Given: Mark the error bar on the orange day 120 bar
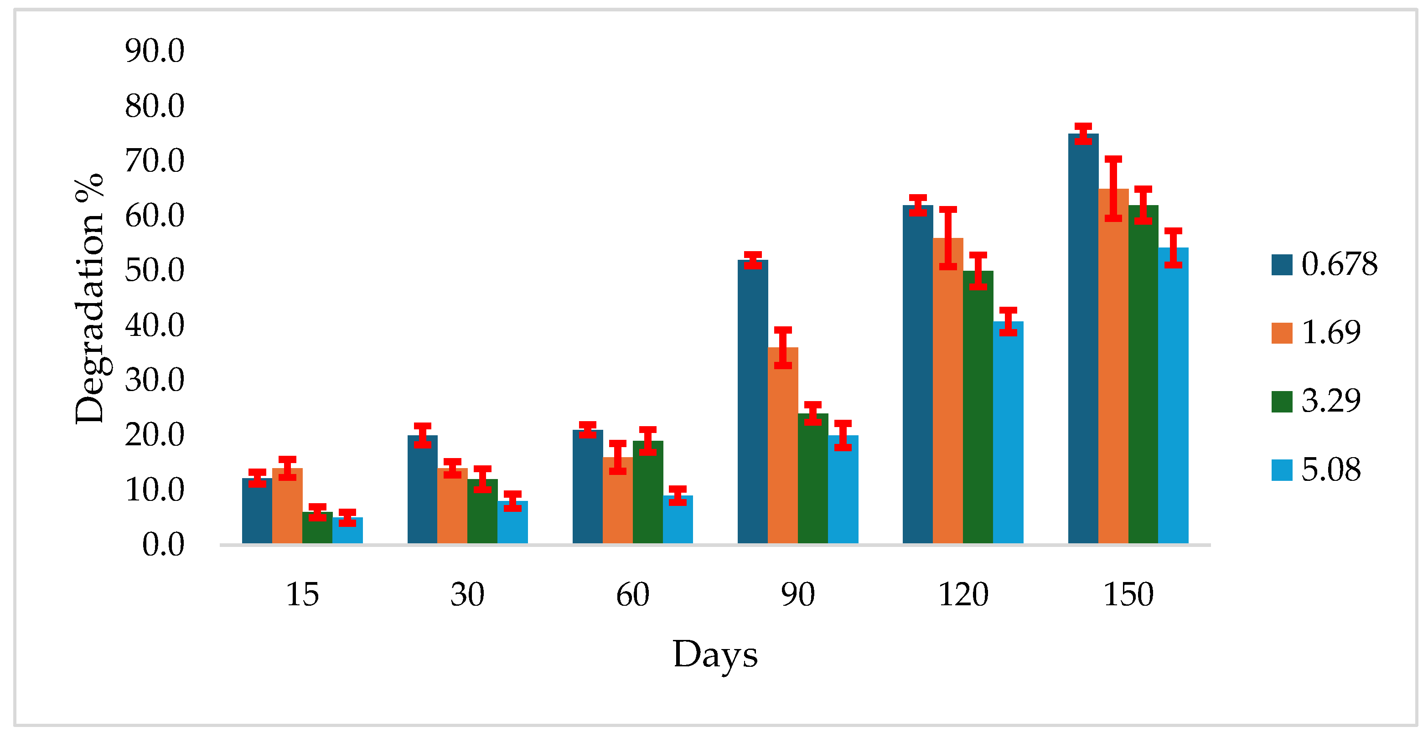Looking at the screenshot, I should click(948, 238).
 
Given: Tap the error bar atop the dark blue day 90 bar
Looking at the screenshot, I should click(753, 260).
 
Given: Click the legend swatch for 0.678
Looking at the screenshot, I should click(1281, 264).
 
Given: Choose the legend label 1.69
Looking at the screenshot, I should click(1330, 332).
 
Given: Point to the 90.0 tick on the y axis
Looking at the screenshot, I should click(154, 51).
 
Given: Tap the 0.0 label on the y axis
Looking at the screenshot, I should click(163, 544).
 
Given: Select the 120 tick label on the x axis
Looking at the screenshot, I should click(963, 595).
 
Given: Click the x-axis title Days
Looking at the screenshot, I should click(714, 655).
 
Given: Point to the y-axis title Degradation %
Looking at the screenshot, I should click(90, 299).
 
